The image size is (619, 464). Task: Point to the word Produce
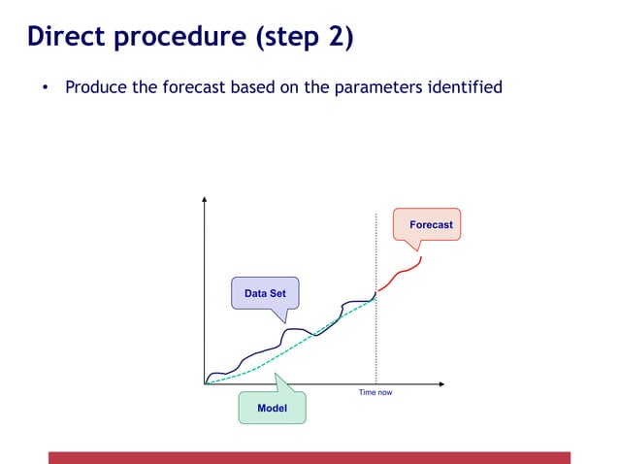point(95,88)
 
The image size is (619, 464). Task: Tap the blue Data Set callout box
point(264,293)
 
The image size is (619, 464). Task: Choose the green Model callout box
point(272,408)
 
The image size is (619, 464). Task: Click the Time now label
point(375,393)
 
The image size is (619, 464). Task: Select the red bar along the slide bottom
point(309,457)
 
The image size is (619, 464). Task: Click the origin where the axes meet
point(205,383)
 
